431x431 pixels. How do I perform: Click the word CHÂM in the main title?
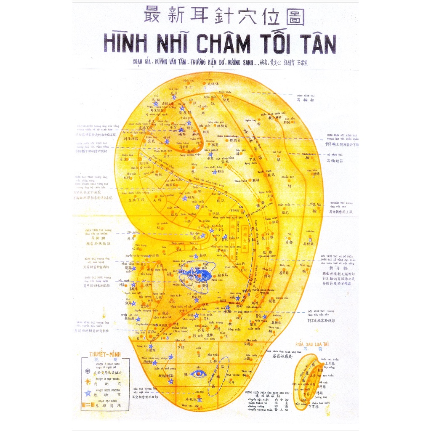(223, 44)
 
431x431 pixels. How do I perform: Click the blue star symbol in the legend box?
(88, 393)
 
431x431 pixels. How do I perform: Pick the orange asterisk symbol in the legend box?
(88, 382)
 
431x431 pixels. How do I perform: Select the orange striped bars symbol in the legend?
(88, 404)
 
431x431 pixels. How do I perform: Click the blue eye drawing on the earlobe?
(197, 373)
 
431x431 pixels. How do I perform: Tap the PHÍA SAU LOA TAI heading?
(312, 344)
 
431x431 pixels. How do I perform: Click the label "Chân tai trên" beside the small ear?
(329, 359)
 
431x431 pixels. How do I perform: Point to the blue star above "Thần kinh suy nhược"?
(170, 357)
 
